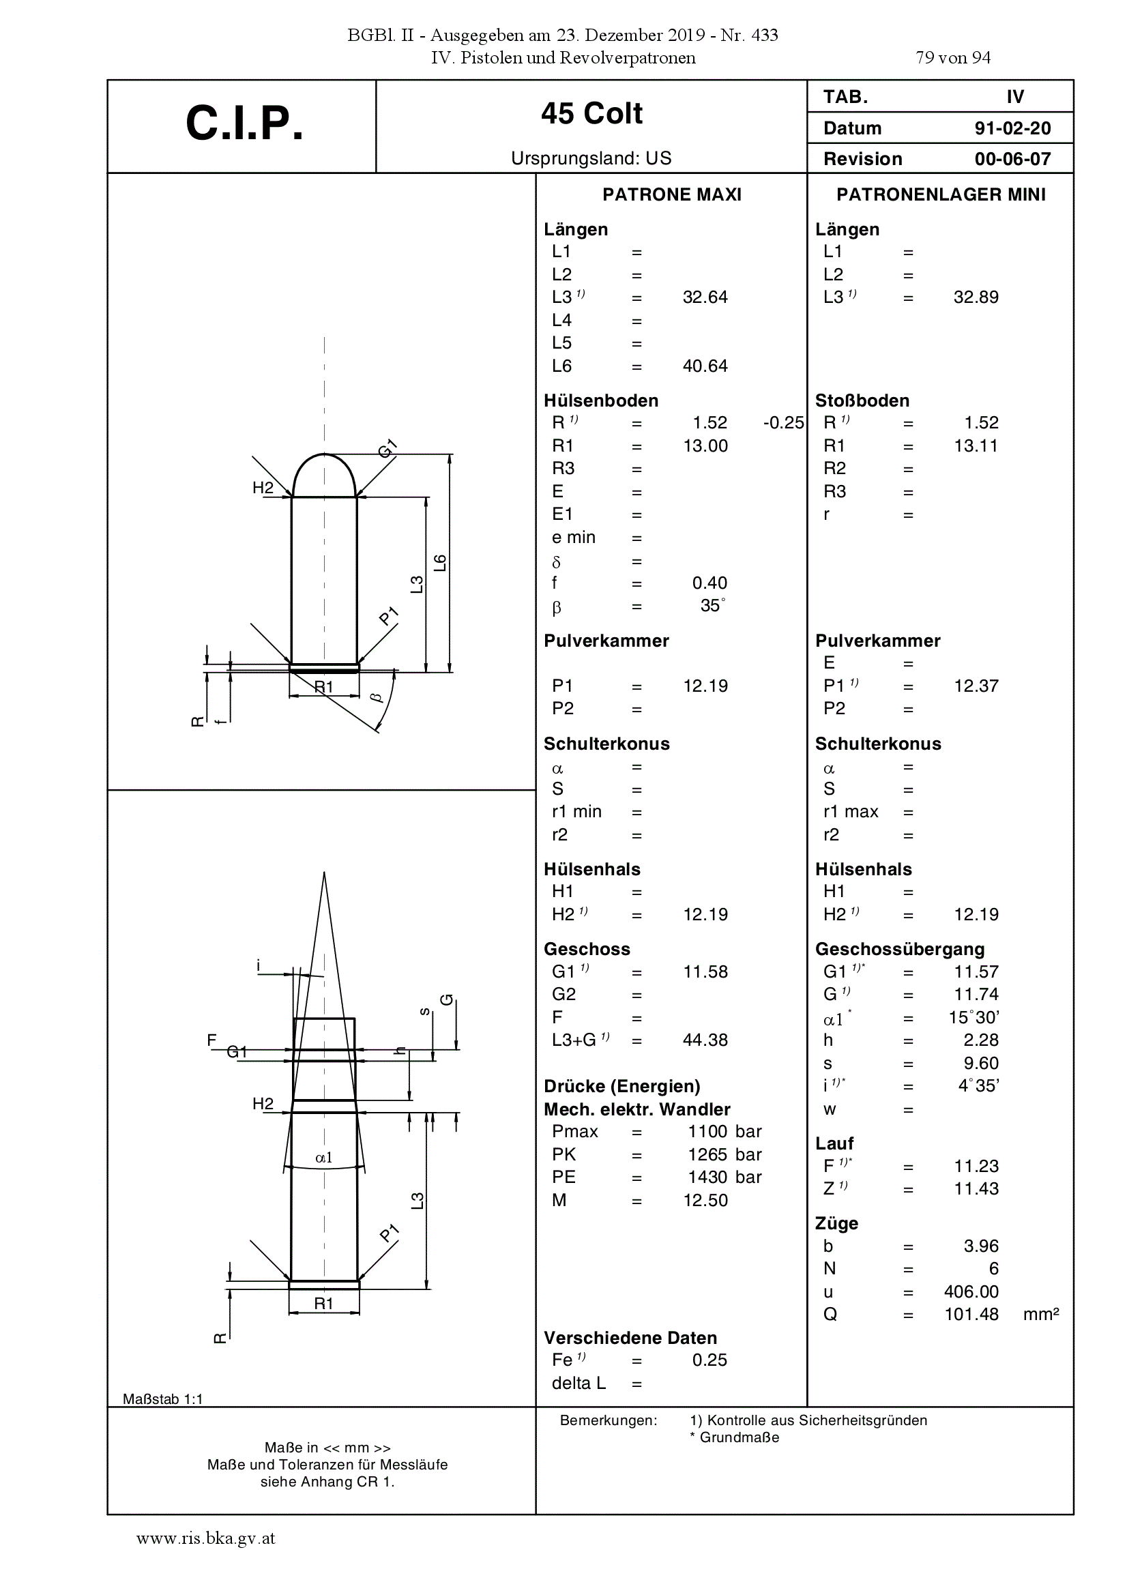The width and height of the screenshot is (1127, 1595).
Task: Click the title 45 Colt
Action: [592, 113]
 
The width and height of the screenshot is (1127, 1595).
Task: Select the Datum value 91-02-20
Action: [1012, 128]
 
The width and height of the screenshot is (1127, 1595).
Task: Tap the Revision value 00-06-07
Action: [1012, 159]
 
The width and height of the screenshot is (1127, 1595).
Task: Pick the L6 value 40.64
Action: [705, 366]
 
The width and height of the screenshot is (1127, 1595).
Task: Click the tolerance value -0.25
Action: [783, 423]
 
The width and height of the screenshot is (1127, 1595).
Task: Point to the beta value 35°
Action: [713, 605]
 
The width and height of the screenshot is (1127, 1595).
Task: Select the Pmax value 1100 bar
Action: [724, 1132]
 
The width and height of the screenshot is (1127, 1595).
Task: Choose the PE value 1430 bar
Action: [724, 1177]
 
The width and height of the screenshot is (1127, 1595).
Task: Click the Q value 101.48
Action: [971, 1315]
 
